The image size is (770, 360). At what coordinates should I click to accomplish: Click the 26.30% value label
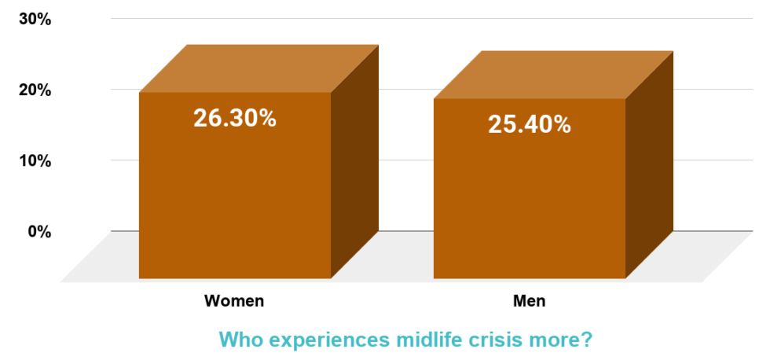click(x=234, y=119)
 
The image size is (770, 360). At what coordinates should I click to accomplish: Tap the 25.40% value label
click(x=529, y=124)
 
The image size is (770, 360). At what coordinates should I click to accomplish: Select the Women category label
click(x=234, y=301)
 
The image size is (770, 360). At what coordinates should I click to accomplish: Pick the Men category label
click(x=529, y=301)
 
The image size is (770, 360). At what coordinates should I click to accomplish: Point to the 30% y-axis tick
click(x=35, y=19)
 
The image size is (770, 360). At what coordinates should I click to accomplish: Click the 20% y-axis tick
click(x=35, y=90)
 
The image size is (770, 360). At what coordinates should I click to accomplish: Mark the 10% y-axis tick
click(x=35, y=160)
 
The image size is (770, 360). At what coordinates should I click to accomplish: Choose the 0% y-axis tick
click(x=39, y=231)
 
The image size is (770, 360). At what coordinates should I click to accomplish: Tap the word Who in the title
click(x=238, y=340)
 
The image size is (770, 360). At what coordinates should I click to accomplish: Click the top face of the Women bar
click(x=259, y=68)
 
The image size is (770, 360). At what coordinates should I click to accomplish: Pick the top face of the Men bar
click(x=554, y=75)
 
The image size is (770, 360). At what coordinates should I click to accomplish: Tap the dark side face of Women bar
click(x=355, y=161)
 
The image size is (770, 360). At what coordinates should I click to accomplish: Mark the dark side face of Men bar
click(x=650, y=165)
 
